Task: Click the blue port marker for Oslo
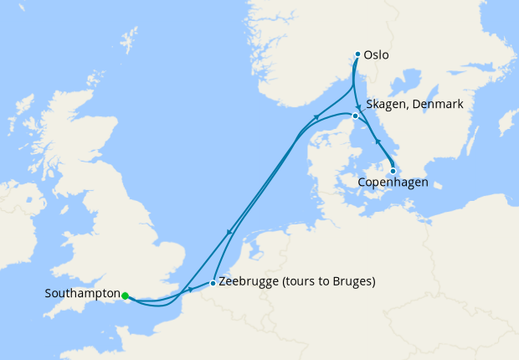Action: (357, 54)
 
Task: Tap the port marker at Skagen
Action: (356, 116)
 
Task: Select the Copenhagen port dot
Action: (393, 171)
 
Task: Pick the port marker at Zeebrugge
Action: (213, 282)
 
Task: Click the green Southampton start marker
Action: (125, 296)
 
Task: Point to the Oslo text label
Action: (378, 56)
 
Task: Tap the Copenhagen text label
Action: (393, 182)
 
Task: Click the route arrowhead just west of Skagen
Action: (316, 118)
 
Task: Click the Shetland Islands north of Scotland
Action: (128, 39)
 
